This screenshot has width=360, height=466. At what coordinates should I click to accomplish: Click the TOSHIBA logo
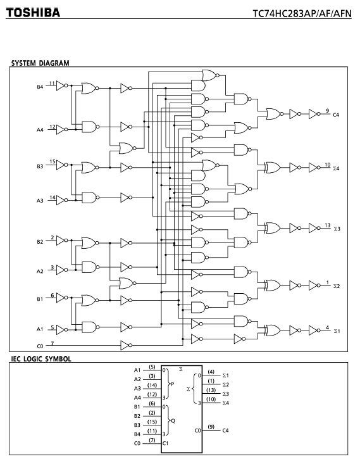coord(33,13)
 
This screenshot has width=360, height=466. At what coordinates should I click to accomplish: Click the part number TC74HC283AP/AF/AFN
coord(302,13)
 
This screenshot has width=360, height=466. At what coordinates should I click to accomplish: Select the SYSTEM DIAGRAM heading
coord(40,63)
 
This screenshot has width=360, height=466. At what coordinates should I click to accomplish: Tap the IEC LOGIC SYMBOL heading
coord(41,359)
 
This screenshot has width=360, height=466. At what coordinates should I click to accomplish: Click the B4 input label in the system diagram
coord(40,87)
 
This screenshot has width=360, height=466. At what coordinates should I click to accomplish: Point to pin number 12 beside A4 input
coord(53,127)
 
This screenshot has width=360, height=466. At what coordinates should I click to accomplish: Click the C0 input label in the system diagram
coord(40,346)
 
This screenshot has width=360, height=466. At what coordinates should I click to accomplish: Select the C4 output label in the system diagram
coord(336,115)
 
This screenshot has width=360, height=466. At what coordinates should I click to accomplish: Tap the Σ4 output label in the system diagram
coord(336,168)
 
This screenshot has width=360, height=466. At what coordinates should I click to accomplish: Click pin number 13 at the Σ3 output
coord(327,225)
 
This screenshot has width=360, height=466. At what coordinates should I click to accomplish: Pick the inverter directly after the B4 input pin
coord(62,85)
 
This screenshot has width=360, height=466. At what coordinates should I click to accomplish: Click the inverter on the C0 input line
coord(127,345)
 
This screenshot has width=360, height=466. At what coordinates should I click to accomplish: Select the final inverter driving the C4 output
coord(314,114)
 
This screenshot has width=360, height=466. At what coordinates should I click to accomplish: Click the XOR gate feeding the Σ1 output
coord(273,330)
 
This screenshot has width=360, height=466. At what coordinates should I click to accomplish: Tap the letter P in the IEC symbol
coord(172,384)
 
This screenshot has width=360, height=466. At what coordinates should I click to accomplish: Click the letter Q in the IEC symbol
coord(173,421)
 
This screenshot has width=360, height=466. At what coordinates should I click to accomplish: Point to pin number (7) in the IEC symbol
coord(152,440)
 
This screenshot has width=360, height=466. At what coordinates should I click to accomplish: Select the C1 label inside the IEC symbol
coord(165,443)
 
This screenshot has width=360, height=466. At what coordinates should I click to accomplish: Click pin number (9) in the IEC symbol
coord(211,427)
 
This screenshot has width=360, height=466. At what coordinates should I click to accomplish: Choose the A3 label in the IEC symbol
coord(137,388)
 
